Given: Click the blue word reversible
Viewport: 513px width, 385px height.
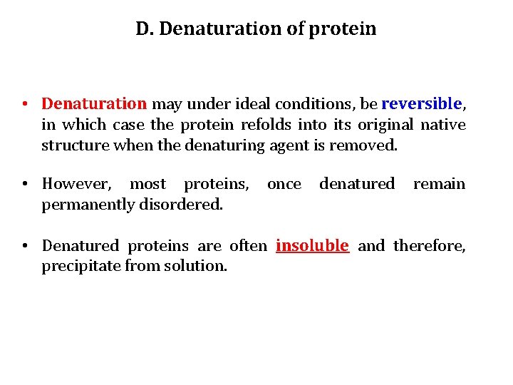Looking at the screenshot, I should point(422,104).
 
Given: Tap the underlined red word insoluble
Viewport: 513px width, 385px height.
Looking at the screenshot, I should point(312,246).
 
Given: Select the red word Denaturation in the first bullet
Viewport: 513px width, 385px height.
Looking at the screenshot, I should point(94,104).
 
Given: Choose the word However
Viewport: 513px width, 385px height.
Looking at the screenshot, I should point(76,184).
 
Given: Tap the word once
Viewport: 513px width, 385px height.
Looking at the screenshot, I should point(284,184).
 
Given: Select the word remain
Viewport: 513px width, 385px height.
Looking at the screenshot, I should point(439,184).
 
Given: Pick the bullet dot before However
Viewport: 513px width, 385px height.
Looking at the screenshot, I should point(24,184).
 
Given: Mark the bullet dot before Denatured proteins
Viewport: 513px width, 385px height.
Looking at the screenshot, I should point(24,246).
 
